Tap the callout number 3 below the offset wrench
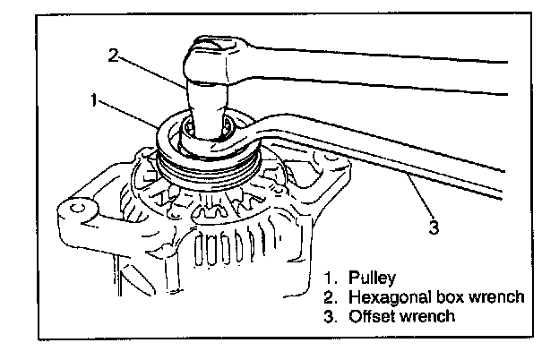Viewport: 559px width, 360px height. pyautogui.click(x=433, y=227)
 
